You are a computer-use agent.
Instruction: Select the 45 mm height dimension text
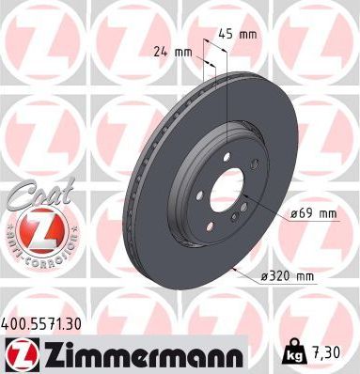click(x=242, y=35)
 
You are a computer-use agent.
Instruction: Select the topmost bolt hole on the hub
click(x=228, y=157)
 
